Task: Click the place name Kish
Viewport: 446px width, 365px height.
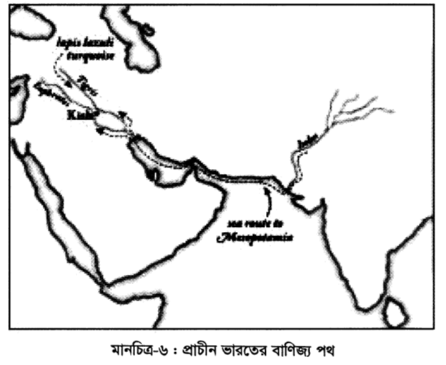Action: pos(76,115)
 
